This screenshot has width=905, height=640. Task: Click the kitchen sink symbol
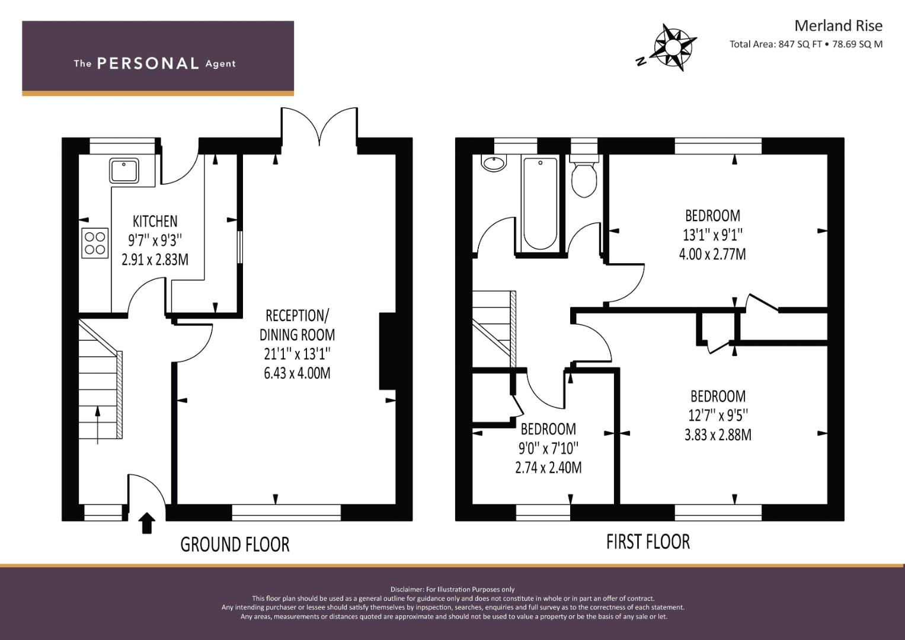click(124, 171)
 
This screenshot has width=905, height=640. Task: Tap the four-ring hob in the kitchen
click(95, 243)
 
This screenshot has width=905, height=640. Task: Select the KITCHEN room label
click(155, 222)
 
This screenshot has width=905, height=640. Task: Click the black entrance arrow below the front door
click(147, 523)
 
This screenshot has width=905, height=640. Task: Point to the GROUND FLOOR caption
click(235, 545)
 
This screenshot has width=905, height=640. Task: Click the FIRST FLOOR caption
click(648, 542)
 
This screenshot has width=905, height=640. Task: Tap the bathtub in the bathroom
click(540, 204)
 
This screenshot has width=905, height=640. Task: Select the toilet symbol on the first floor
click(584, 176)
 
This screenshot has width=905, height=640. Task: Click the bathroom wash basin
click(494, 163)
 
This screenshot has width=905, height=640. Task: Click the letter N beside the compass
click(640, 61)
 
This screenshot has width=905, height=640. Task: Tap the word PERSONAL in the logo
click(148, 63)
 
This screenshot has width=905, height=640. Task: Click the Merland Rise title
click(839, 26)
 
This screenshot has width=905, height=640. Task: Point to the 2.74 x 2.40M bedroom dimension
click(548, 468)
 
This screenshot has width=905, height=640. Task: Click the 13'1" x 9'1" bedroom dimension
click(713, 235)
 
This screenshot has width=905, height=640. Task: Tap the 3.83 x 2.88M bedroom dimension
click(718, 435)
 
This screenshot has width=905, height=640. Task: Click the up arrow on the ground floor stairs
click(97, 425)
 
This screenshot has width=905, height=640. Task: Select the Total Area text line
click(806, 44)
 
